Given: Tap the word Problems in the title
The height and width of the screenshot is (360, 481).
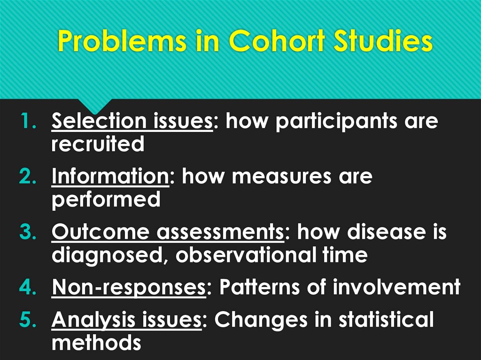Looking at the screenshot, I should pyautogui.click(x=121, y=43).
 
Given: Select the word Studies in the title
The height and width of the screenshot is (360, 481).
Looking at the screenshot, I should pyautogui.click(x=381, y=43).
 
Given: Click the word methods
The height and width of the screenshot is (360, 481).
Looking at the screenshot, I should pyautogui.click(x=96, y=343).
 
